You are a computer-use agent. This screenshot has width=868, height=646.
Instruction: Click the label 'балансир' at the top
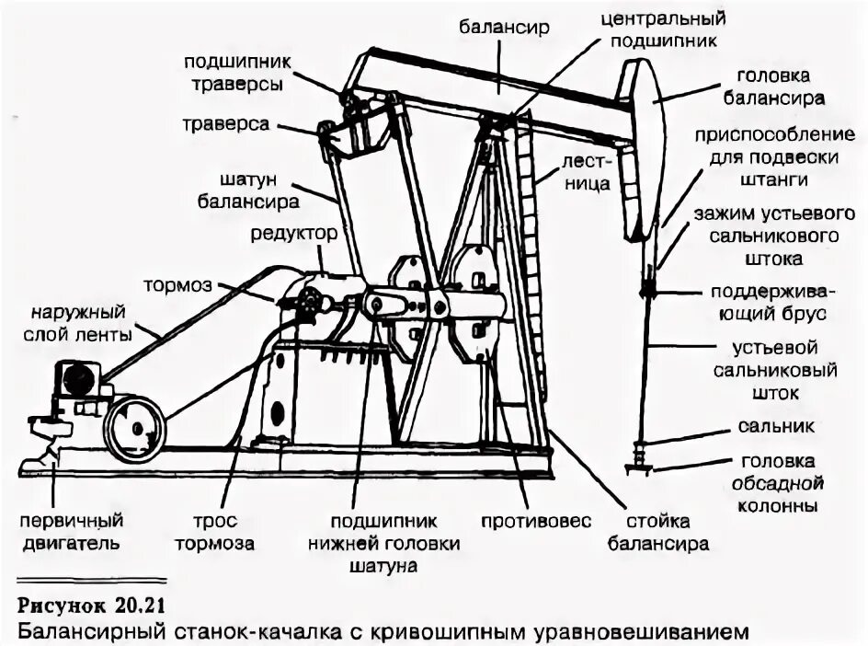tap(504, 27)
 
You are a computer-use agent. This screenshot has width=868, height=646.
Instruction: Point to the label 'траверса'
tap(226, 123)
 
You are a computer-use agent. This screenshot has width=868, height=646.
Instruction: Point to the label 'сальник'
tap(775, 426)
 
